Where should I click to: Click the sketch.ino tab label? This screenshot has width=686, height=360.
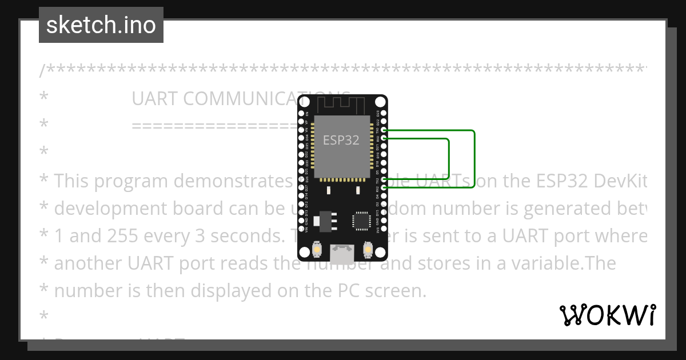pos(101,25)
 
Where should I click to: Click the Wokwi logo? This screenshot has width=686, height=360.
pos(608,315)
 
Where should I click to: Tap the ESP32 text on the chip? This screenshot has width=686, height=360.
pos(341,140)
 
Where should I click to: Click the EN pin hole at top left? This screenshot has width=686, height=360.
pos(301,114)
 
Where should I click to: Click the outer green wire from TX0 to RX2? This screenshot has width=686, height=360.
pos(474,160)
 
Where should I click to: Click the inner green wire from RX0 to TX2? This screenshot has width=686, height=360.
pos(449,160)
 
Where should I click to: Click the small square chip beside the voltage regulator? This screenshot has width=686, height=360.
pos(362,220)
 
